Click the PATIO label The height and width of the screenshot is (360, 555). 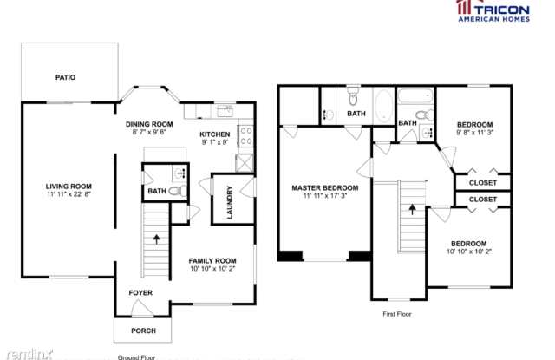tap(66, 77)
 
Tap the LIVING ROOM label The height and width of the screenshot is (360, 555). tap(69, 187)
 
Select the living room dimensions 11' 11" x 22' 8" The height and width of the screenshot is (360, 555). tap(69, 194)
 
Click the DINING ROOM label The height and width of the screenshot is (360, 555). tap(149, 124)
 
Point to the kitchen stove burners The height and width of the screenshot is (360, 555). tap(246, 136)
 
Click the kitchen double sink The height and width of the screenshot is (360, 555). tap(225, 111)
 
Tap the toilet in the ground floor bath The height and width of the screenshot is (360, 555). tap(178, 191)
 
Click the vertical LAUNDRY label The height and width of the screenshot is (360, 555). tap(230, 202)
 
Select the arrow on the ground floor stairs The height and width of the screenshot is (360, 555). tap(156, 239)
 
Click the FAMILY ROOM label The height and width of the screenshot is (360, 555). tap(212, 261)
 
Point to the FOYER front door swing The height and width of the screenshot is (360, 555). tap(142, 308)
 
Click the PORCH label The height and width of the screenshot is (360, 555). tap(143, 331)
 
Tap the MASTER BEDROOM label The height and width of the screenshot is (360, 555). tap(325, 188)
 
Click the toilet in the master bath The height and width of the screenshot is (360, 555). tap(353, 96)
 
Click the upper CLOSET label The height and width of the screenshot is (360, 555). tap(483, 183)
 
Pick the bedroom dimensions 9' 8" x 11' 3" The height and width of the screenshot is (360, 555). tap(475, 133)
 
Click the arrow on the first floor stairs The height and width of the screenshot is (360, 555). tap(413, 209)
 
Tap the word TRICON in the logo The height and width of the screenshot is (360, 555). tap(502, 10)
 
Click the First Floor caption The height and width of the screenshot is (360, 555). tap(397, 314)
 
